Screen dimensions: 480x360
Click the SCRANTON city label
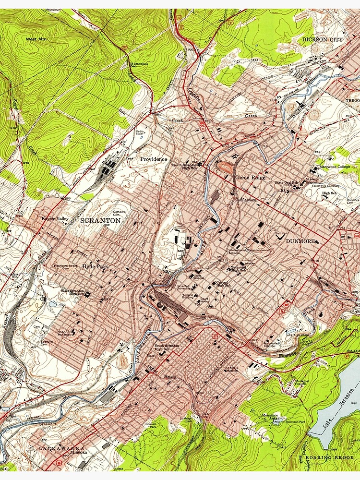tap(100, 220)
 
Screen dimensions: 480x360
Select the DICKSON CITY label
tap(323, 39)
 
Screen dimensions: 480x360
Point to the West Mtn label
tap(36, 39)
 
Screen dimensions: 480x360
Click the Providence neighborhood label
tap(154, 159)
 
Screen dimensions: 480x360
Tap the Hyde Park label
tap(95, 266)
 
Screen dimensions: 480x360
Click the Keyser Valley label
tap(55, 219)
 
